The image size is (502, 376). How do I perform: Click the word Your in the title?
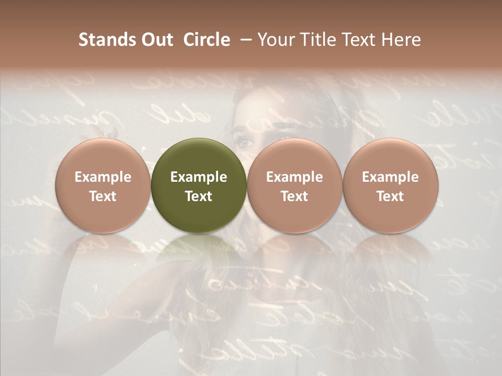coord(275,40)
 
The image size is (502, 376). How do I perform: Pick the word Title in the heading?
coord(313,40)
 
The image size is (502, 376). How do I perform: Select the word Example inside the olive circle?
coord(199,177)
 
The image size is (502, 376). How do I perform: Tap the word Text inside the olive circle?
coord(199,196)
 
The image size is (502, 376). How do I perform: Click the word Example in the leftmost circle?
coord(102,177)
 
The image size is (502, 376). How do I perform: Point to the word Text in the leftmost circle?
coord(102,196)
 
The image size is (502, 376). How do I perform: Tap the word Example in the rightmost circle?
coord(391,177)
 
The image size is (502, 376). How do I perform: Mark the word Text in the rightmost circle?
coord(391,196)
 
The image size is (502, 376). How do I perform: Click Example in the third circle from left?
coord(294,177)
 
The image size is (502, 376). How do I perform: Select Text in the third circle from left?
coord(294,196)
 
